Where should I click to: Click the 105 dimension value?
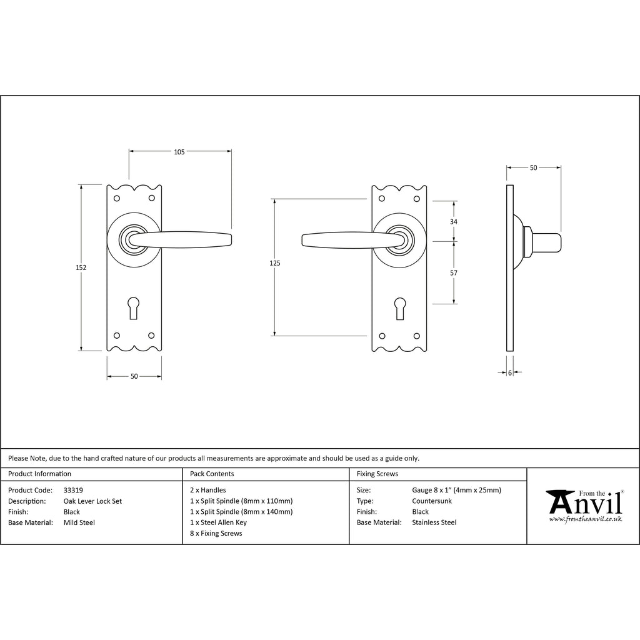click(179, 152)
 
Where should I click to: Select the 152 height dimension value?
click(81, 267)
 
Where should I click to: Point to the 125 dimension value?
click(275, 263)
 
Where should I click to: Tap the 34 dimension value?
click(454, 222)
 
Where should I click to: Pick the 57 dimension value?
click(454, 272)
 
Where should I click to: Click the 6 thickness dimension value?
click(510, 372)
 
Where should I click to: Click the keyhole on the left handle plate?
click(134, 307)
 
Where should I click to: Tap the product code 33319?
click(73, 490)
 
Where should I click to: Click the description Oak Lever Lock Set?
click(92, 501)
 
